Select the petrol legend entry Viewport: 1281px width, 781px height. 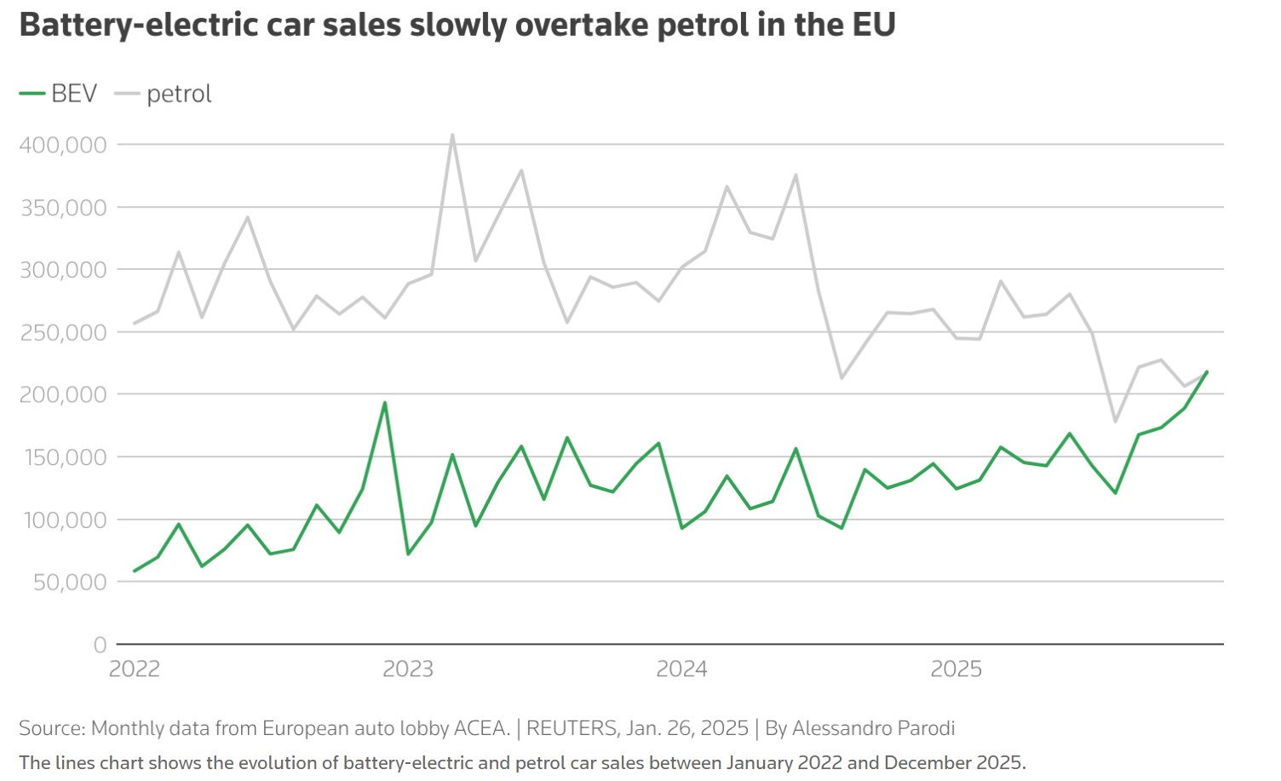click(x=164, y=94)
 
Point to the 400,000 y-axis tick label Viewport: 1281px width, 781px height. click(x=63, y=145)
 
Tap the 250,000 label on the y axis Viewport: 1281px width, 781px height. click(x=63, y=332)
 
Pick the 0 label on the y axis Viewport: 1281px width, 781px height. click(x=101, y=645)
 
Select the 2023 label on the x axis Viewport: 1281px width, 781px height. click(x=408, y=669)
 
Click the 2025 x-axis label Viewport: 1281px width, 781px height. click(x=956, y=669)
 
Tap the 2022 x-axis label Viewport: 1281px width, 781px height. click(x=135, y=669)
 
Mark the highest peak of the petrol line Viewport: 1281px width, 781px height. click(x=452, y=135)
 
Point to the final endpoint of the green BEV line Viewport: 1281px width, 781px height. click(x=1207, y=371)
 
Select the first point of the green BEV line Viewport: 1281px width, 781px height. click(x=135, y=571)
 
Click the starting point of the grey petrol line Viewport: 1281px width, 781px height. click(x=135, y=324)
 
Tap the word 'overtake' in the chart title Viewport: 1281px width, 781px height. click(x=582, y=25)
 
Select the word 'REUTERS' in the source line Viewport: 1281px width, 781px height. click(x=572, y=728)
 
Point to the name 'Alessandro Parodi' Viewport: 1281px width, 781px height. click(x=873, y=728)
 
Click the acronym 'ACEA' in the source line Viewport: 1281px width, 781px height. click(x=482, y=728)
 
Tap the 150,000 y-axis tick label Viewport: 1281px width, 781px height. click(x=63, y=457)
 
